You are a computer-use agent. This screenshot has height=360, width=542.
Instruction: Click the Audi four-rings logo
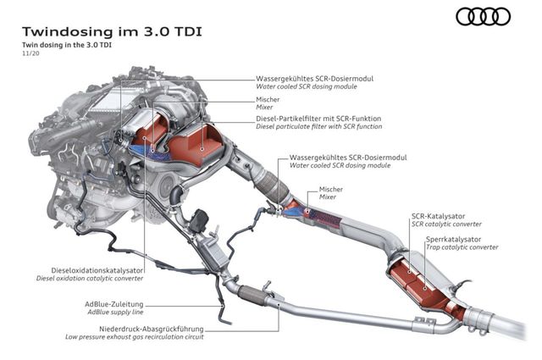tap(484, 16)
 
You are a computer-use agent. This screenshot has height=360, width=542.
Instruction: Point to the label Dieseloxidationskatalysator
tap(90, 269)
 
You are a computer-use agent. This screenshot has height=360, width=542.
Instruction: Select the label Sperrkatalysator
tap(451, 240)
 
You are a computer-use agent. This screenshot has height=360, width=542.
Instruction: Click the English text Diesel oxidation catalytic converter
tap(90, 277)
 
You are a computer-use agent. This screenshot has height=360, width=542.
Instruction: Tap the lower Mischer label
tap(331, 188)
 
